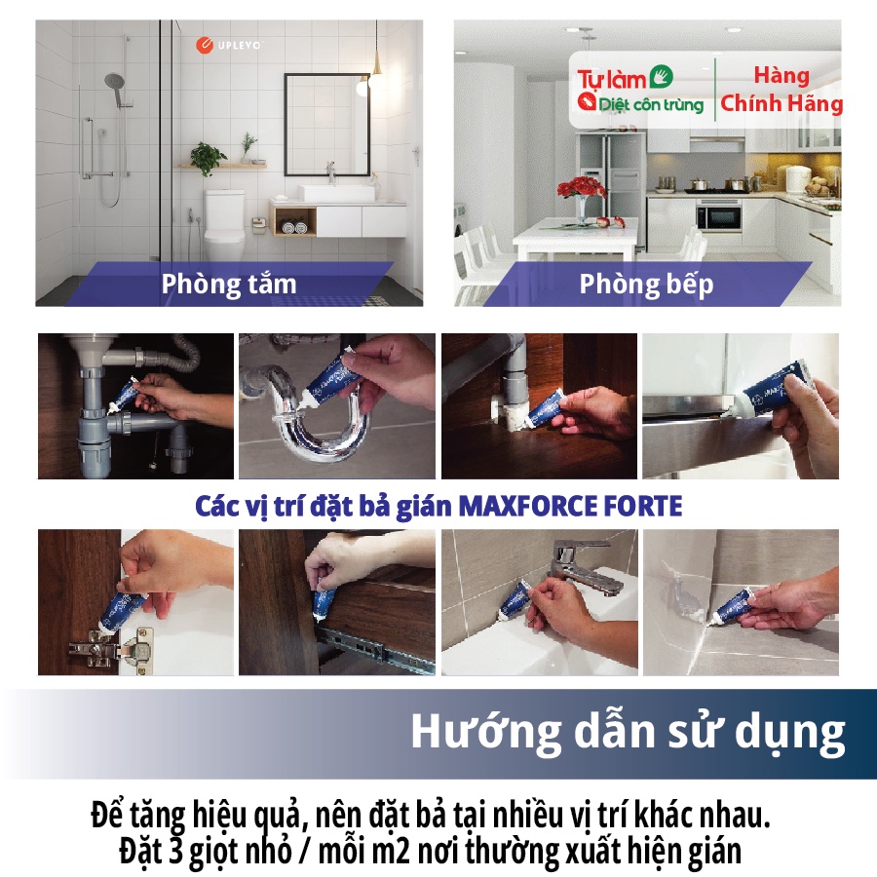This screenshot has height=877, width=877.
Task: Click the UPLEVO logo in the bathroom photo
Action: pos(228,45)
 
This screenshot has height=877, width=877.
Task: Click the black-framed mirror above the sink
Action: pos(327,124)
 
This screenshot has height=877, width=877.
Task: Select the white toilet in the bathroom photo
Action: pos(224,224)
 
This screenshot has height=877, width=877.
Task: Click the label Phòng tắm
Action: pos(229,284)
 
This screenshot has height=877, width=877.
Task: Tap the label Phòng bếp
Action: pos(646,285)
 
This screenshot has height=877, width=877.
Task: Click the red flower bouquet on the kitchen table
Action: pos(583,188)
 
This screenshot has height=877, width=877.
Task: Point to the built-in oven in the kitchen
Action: pos(719,215)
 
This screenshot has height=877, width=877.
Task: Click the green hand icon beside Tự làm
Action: pos(661,77)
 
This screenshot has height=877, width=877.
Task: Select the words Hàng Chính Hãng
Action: pos(782,90)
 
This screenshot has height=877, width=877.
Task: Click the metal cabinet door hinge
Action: pos(111,648)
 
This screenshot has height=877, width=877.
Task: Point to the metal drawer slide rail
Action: pos(376,651)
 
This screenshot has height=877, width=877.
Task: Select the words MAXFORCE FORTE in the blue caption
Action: pos(570,506)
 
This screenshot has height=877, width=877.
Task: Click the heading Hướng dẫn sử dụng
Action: pos(629,732)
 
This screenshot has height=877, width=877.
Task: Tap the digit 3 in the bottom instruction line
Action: pos(172,852)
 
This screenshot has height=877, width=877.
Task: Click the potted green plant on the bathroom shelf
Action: pos(208,158)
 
